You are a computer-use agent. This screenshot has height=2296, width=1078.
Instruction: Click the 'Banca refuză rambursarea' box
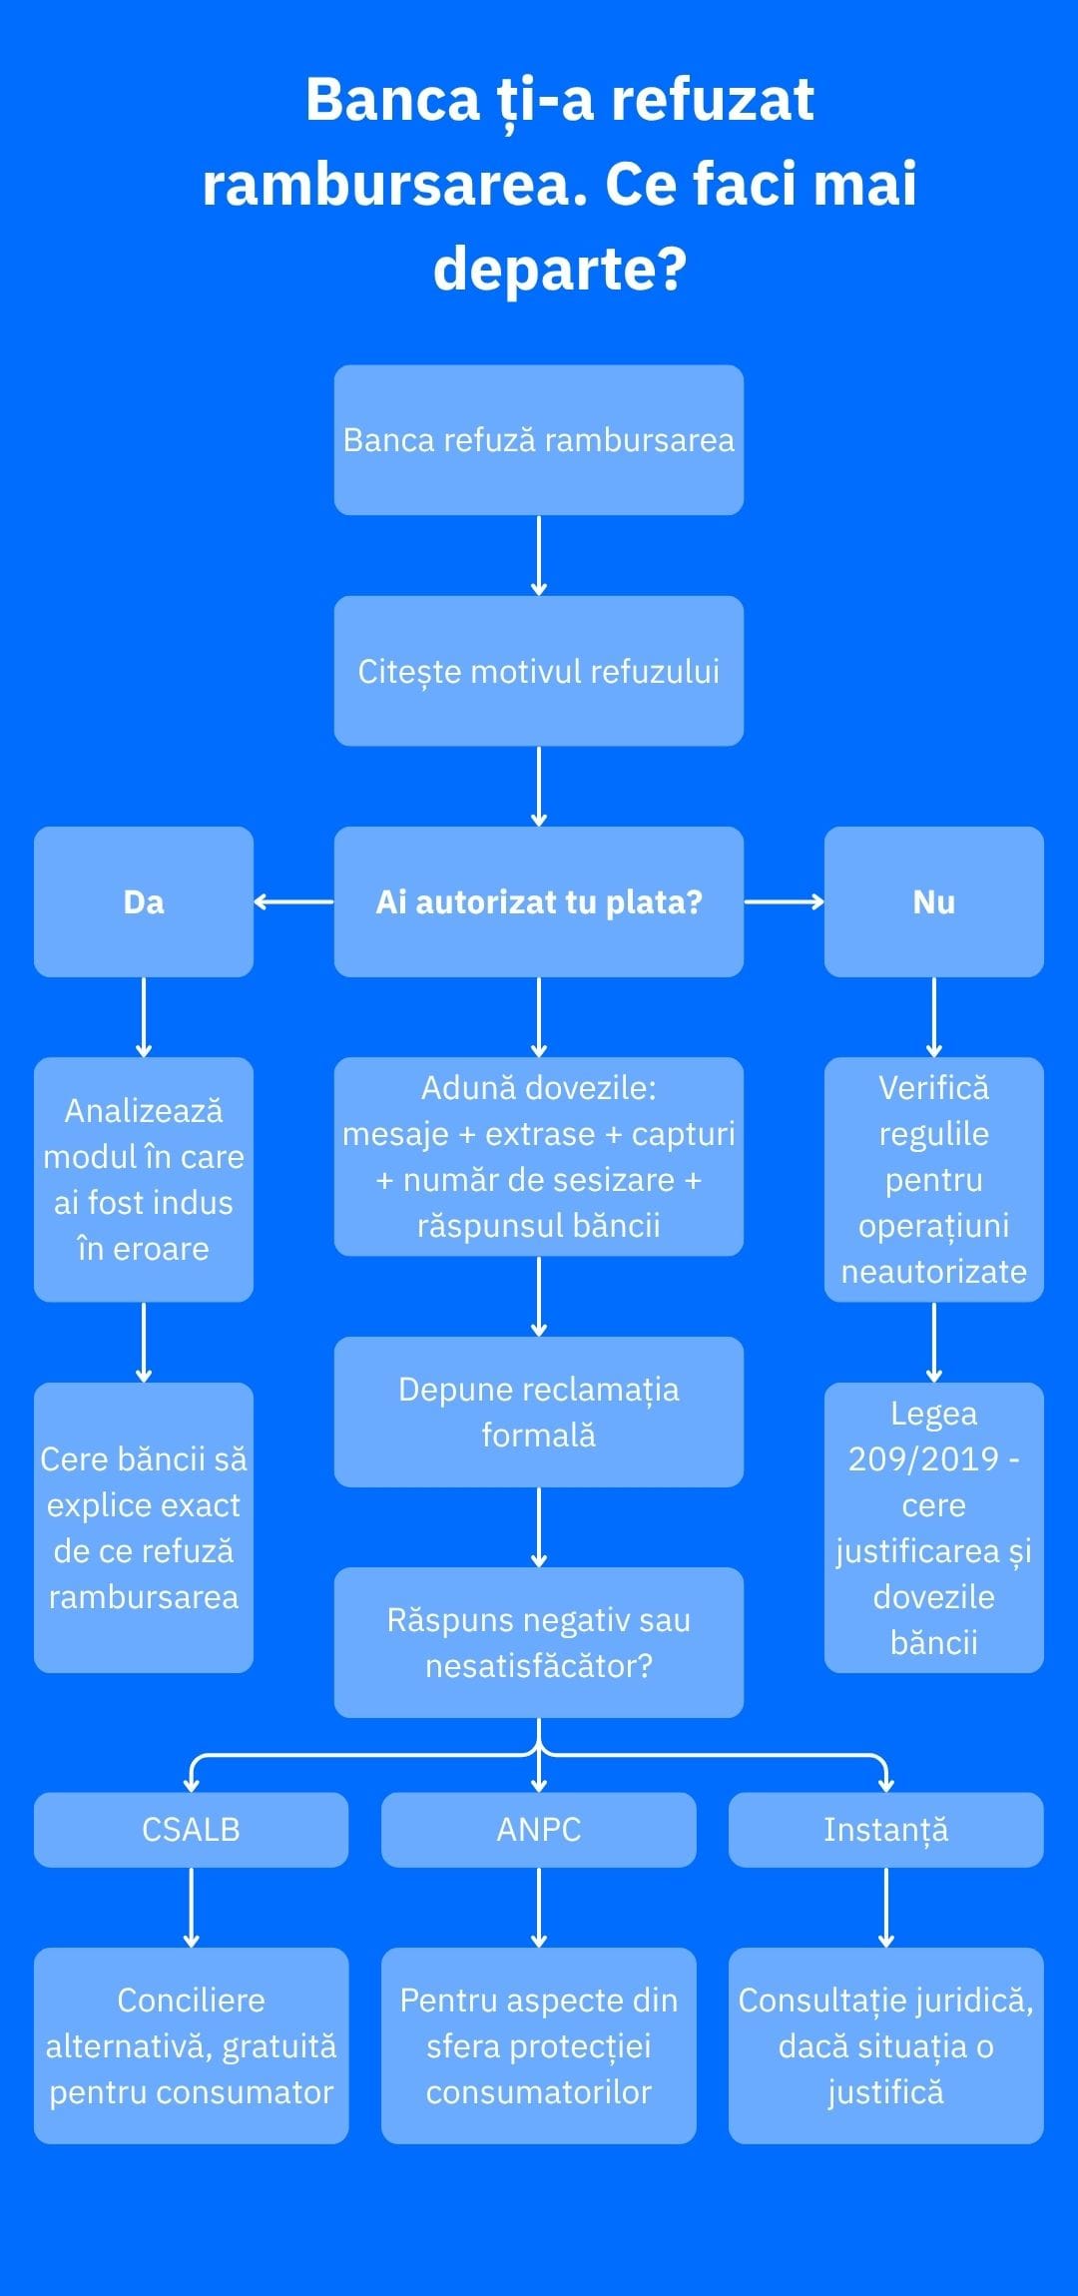pyautogui.click(x=539, y=440)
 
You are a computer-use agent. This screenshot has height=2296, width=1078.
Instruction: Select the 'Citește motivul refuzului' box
pyautogui.click(x=539, y=671)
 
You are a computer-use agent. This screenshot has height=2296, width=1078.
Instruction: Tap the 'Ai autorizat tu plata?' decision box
pyautogui.click(x=539, y=901)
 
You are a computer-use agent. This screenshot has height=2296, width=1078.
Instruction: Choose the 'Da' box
pyautogui.click(x=144, y=901)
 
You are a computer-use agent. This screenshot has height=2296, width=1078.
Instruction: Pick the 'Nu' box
pyautogui.click(x=934, y=901)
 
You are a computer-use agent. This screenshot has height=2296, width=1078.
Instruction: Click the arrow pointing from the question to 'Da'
pyautogui.click(x=294, y=901)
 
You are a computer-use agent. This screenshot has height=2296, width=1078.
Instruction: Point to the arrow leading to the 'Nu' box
pyautogui.click(x=785, y=901)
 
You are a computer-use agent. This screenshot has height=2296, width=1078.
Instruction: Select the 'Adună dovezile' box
pyautogui.click(x=539, y=1156)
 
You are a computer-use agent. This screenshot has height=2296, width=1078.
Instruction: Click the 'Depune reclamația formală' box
pyautogui.click(x=539, y=1412)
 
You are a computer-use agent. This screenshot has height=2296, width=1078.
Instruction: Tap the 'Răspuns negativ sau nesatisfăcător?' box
pyautogui.click(x=539, y=1642)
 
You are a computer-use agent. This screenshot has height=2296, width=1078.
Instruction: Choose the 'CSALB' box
pyautogui.click(x=192, y=1830)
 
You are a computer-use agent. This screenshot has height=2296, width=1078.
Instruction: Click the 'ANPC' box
pyautogui.click(x=539, y=1830)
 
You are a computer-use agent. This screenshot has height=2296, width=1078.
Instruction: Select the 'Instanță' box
pyautogui.click(x=886, y=1830)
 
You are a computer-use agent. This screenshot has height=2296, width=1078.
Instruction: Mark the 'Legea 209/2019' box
pyautogui.click(x=934, y=1527)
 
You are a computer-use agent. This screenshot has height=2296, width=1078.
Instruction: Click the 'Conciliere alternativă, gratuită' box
pyautogui.click(x=192, y=2045)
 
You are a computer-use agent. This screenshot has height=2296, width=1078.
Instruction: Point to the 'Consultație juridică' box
pyautogui.click(x=886, y=2045)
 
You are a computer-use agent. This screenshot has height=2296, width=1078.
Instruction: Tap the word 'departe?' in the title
pyautogui.click(x=560, y=270)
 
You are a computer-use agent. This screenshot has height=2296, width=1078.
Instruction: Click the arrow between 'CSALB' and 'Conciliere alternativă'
pyautogui.click(x=192, y=1908)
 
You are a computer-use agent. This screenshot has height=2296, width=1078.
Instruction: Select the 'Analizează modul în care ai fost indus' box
pyautogui.click(x=144, y=1179)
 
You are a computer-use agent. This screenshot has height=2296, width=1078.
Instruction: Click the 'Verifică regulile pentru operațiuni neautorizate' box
pyautogui.click(x=934, y=1179)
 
